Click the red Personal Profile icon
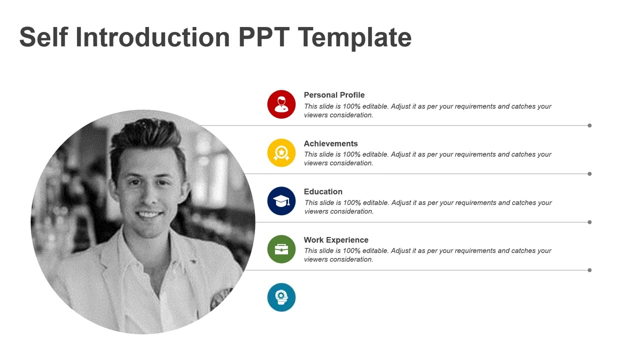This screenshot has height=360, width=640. pyautogui.click(x=281, y=104)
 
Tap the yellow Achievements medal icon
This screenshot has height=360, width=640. pyautogui.click(x=281, y=152)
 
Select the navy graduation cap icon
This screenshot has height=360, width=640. pyautogui.click(x=281, y=201)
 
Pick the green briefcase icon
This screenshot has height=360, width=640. pyautogui.click(x=281, y=249)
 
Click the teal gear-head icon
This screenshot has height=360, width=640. pyautogui.click(x=281, y=297)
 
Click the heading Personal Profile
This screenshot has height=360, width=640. pyautogui.click(x=334, y=95)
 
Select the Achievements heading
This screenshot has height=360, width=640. pyautogui.click(x=330, y=143)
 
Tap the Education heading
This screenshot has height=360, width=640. pyautogui.click(x=323, y=191)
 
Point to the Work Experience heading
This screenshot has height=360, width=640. pyautogui.click(x=336, y=240)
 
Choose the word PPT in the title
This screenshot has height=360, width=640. pyautogui.click(x=264, y=37)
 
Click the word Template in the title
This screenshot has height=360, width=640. pyautogui.click(x=354, y=37)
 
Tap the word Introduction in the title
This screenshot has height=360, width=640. pyautogui.click(x=153, y=37)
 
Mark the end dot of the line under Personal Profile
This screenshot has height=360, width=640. pyautogui.click(x=589, y=125)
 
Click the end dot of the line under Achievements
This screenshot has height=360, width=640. pyautogui.click(x=589, y=174)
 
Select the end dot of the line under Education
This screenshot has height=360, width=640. pyautogui.click(x=589, y=222)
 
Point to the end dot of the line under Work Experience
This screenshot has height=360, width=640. pyautogui.click(x=589, y=270)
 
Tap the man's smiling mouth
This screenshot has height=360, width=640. pyautogui.click(x=149, y=214)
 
